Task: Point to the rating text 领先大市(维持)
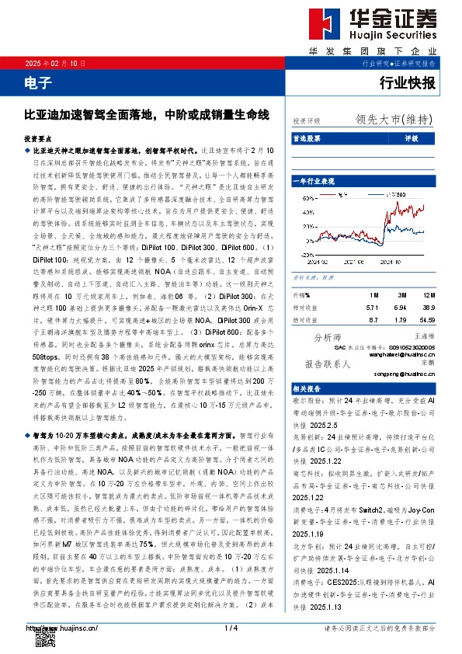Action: pyautogui.click(x=395, y=120)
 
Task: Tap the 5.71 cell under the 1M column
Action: pyautogui.click(x=372, y=307)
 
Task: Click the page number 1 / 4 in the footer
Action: pyautogui.click(x=230, y=628)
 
